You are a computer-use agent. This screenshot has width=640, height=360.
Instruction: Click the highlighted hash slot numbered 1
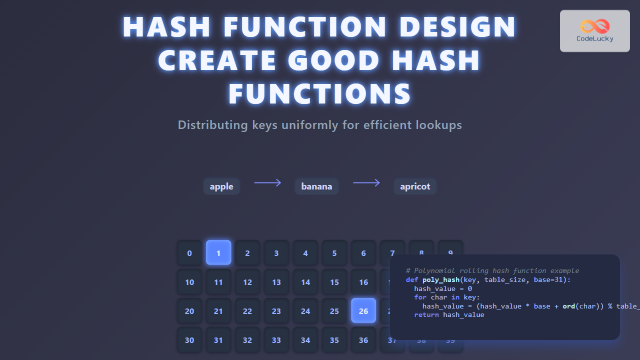pos(218,252)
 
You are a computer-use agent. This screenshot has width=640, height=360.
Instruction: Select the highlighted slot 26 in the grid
pos(363,310)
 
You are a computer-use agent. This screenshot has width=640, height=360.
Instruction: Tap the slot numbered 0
pos(189,252)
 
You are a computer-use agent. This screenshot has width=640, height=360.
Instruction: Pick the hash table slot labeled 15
pos(334,281)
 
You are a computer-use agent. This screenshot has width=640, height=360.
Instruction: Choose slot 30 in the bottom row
pos(189,339)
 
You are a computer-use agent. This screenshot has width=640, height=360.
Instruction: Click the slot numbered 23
pos(276,310)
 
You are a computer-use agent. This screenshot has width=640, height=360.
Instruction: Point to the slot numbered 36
pos(363,339)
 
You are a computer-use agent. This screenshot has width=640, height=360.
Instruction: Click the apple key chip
pos(221,186)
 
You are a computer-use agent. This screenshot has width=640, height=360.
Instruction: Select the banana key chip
pos(316,186)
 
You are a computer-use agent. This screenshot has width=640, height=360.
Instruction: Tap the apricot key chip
pos(415,186)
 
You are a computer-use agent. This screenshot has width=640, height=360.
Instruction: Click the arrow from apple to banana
pos(267,183)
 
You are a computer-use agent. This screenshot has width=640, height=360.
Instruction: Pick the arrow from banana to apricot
pos(366,183)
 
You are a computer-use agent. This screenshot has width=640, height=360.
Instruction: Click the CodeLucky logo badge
pos(594,31)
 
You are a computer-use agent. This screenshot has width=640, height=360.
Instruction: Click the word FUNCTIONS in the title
pos(320,93)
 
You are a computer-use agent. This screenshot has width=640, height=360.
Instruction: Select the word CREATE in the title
pos(217,60)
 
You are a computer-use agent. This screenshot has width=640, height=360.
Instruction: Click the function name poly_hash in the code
pos(440,279)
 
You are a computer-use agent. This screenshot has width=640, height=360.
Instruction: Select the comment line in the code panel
pos(492,270)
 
